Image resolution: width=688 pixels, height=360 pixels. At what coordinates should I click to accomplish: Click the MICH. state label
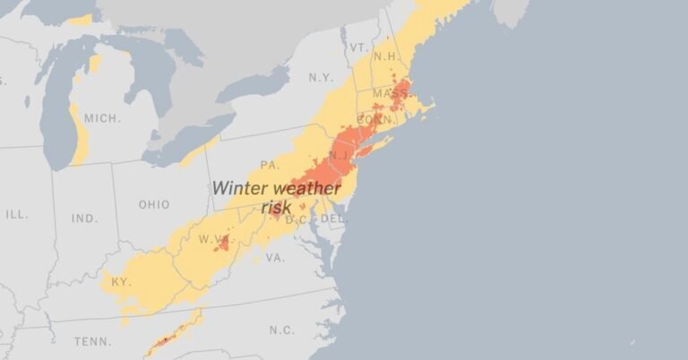(102, 118)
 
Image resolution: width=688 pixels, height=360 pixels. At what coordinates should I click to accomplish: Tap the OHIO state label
(153, 205)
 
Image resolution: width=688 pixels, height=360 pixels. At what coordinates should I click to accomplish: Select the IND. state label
(85, 219)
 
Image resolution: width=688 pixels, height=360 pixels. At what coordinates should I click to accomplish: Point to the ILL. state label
(16, 215)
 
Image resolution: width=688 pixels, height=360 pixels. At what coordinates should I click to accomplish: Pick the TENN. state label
(93, 341)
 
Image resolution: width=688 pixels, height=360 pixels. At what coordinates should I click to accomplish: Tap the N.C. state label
(281, 330)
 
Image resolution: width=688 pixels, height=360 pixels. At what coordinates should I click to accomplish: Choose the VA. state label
(275, 257)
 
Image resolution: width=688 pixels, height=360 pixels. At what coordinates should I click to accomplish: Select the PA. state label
(270, 165)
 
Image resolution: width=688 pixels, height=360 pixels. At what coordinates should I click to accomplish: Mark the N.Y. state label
(321, 78)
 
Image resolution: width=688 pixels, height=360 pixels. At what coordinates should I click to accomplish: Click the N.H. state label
(386, 56)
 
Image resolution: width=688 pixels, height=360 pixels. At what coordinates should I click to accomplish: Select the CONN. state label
(374, 119)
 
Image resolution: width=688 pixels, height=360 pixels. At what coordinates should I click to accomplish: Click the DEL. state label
(333, 218)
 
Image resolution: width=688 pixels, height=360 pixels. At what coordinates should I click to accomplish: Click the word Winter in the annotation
(238, 189)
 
